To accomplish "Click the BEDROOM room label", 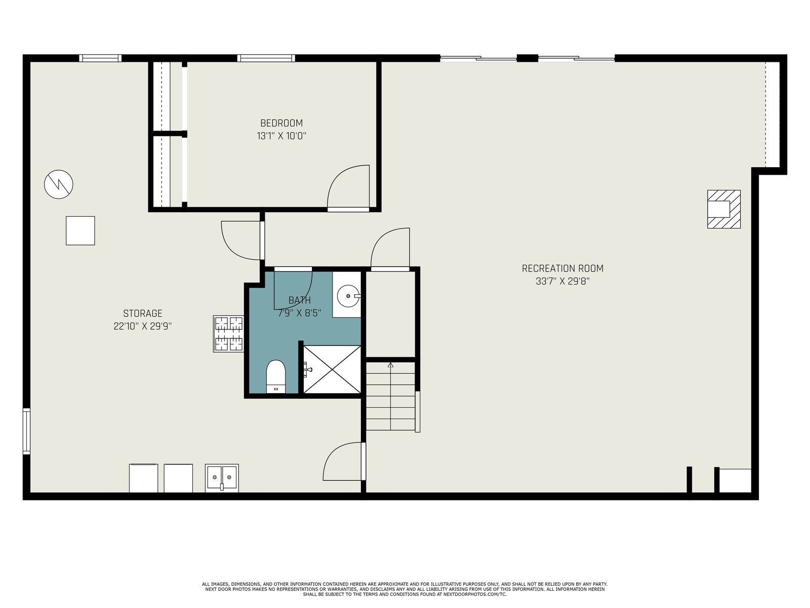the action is point(281,123).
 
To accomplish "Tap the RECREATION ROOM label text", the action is point(562,269).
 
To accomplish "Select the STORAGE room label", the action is point(142,314).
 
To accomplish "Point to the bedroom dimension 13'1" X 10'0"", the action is point(281,136).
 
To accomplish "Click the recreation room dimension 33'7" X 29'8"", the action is point(562,281).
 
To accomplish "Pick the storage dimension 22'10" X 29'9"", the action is point(142,326).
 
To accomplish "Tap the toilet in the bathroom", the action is point(276,376).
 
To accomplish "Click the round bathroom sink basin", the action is point(348,296).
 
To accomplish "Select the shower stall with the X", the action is point(332,369).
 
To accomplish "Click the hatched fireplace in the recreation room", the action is point(723,209).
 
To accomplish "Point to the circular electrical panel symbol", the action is point(58,184).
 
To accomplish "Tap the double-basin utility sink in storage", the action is point(222,478).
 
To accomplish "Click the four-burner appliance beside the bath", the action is point(228,334).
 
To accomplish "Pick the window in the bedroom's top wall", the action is point(266,58).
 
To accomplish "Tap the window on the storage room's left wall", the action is point(26,431).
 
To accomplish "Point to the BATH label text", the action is point(299,300).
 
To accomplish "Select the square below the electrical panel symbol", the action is point(80,231).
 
